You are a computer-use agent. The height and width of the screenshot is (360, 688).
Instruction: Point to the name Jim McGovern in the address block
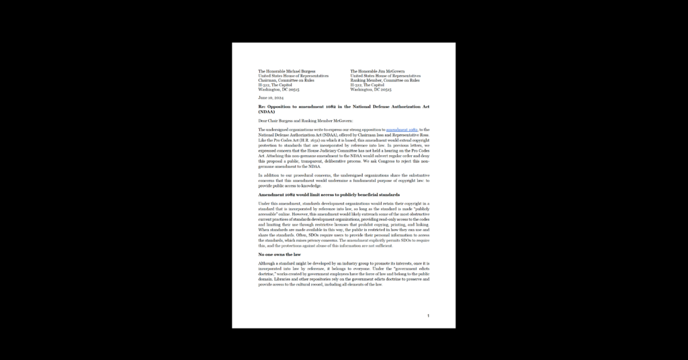(392, 71)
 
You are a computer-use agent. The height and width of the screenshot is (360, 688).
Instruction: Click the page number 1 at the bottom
(428, 316)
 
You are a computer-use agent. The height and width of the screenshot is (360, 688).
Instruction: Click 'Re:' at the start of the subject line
(262, 107)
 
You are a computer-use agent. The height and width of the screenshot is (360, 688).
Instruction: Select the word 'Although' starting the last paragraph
(269, 264)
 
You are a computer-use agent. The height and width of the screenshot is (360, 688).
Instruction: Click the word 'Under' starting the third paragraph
(265, 203)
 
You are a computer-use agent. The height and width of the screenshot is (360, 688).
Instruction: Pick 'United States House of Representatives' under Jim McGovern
(386, 76)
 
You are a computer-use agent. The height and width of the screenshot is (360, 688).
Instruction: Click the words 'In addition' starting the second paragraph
(271, 175)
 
